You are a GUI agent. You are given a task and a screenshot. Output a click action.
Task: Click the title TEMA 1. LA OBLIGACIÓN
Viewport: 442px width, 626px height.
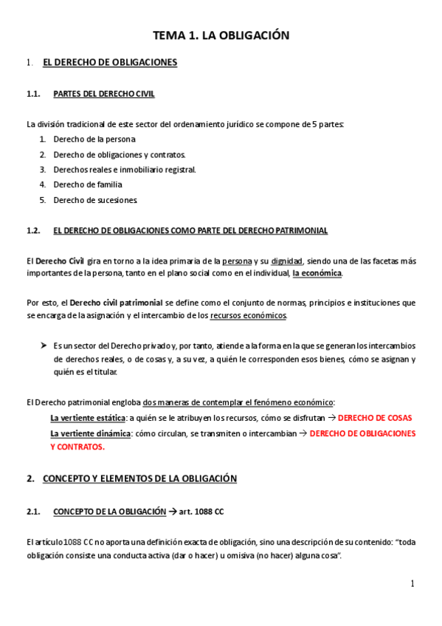[x=221, y=35]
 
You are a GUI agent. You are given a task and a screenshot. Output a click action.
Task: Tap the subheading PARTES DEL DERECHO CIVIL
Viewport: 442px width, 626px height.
[x=104, y=94]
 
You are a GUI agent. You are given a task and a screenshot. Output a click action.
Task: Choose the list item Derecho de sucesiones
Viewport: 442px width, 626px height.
[x=95, y=200]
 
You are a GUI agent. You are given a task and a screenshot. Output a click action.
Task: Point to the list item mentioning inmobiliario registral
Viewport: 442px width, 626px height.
[x=125, y=169]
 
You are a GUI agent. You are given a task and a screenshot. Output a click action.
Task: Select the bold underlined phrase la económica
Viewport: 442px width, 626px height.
[x=317, y=272]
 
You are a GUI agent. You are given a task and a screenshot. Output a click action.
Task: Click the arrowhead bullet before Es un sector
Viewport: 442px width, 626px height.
[x=43, y=345]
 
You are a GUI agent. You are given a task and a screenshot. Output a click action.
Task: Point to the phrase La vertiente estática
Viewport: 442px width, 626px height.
[x=88, y=418]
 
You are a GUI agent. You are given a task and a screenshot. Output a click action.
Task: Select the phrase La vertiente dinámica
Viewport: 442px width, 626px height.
[x=90, y=433]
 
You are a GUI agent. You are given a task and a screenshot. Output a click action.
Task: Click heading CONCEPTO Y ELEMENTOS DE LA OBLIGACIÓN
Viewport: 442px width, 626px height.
[x=139, y=478]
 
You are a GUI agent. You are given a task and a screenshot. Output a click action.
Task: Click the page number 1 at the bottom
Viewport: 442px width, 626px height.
[x=412, y=584]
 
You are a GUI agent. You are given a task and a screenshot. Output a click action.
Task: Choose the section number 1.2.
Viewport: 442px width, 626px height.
[x=32, y=230]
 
